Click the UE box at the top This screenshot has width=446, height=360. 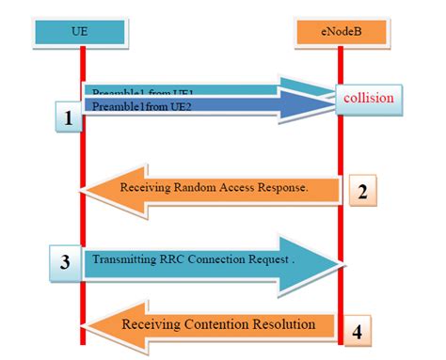(82, 30)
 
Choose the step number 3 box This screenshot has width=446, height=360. (65, 262)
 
